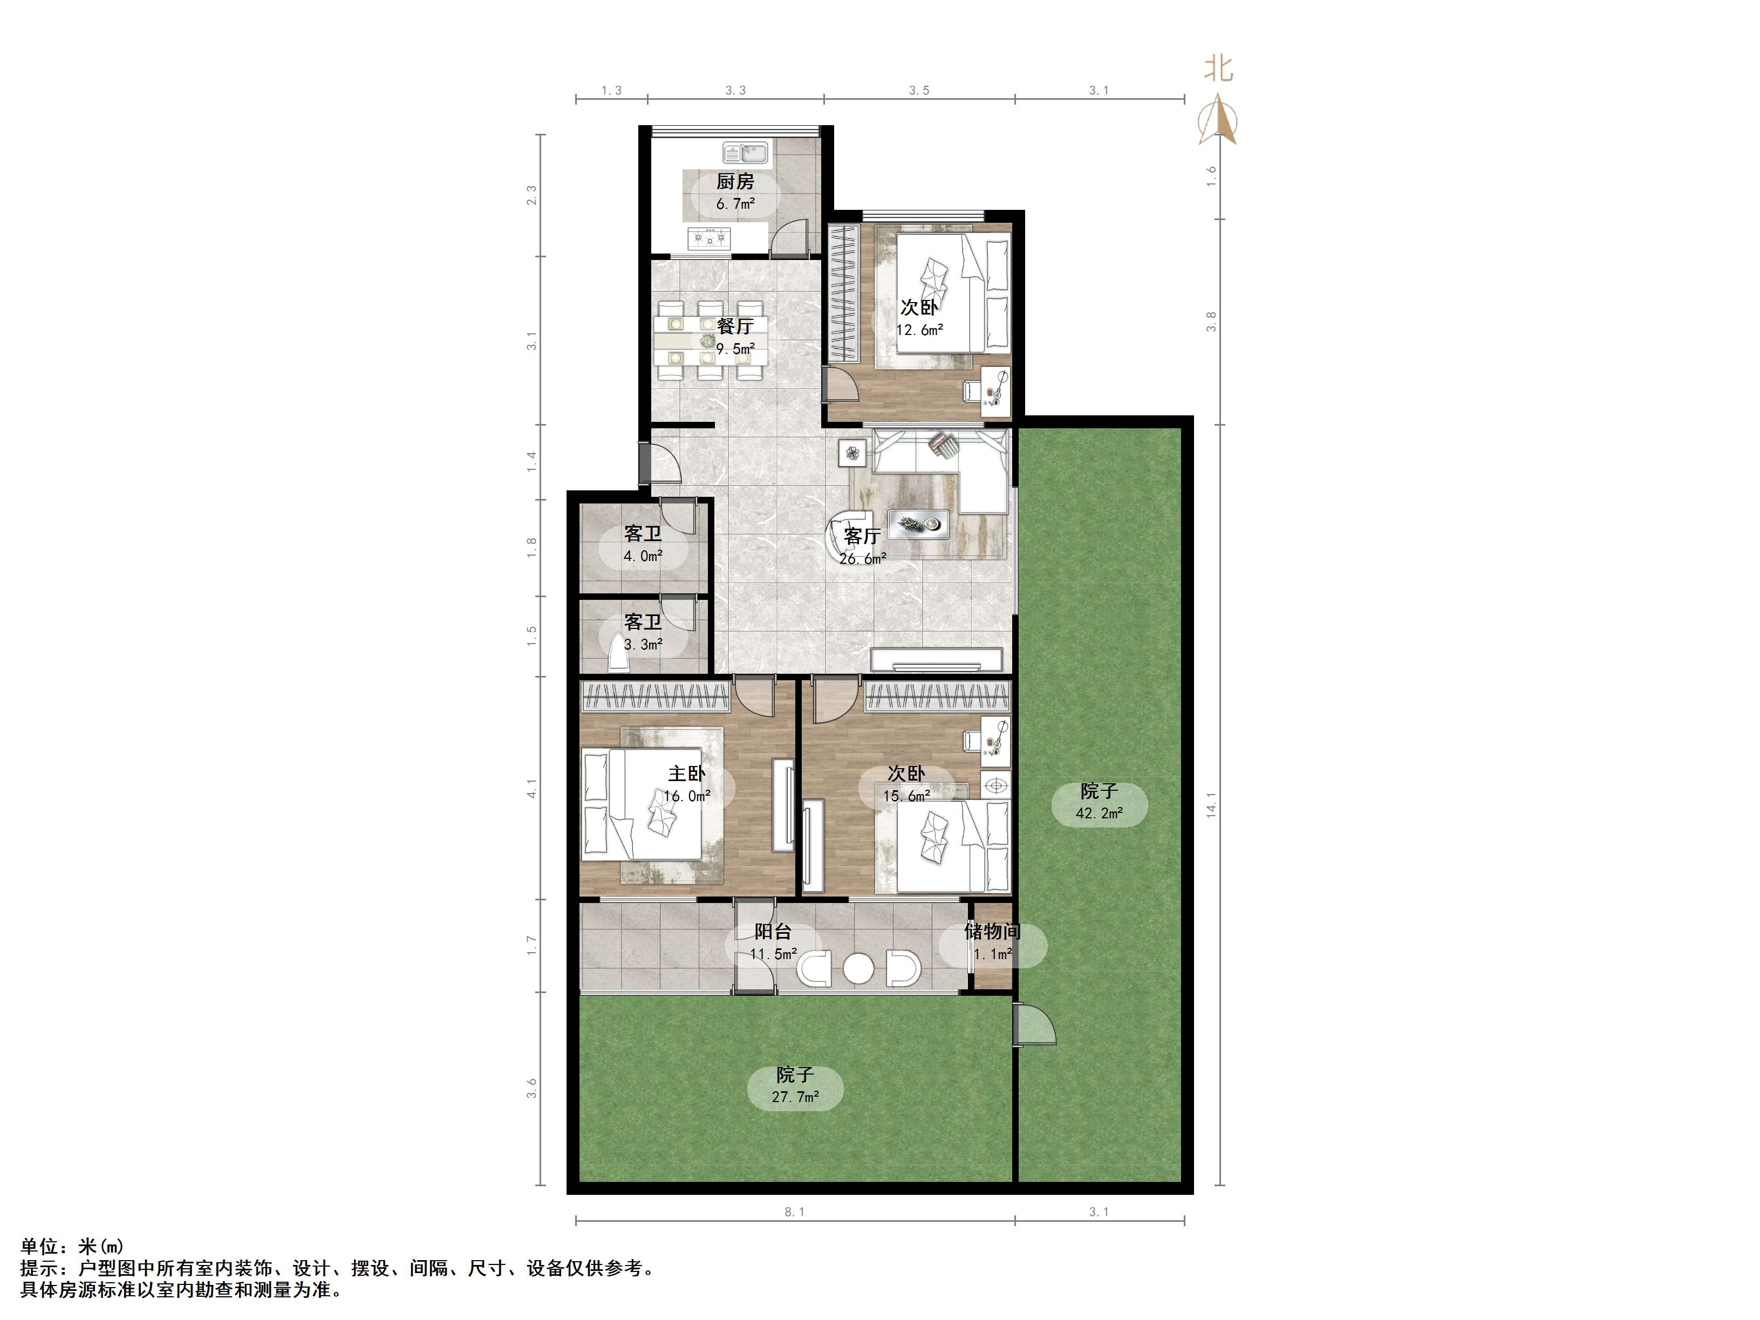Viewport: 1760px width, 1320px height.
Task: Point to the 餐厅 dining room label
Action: point(735,326)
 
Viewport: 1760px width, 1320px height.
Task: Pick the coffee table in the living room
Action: point(918,522)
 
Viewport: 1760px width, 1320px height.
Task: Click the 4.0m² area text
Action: point(643,556)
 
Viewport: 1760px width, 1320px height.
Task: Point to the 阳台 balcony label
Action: point(773,932)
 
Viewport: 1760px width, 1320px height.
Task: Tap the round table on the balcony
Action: point(858,968)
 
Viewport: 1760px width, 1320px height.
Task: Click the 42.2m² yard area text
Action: point(1099,813)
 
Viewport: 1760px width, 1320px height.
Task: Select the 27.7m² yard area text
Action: point(795,1097)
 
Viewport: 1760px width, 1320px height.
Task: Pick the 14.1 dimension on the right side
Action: point(1211,804)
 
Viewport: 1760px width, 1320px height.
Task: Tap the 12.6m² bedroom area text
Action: point(920,330)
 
